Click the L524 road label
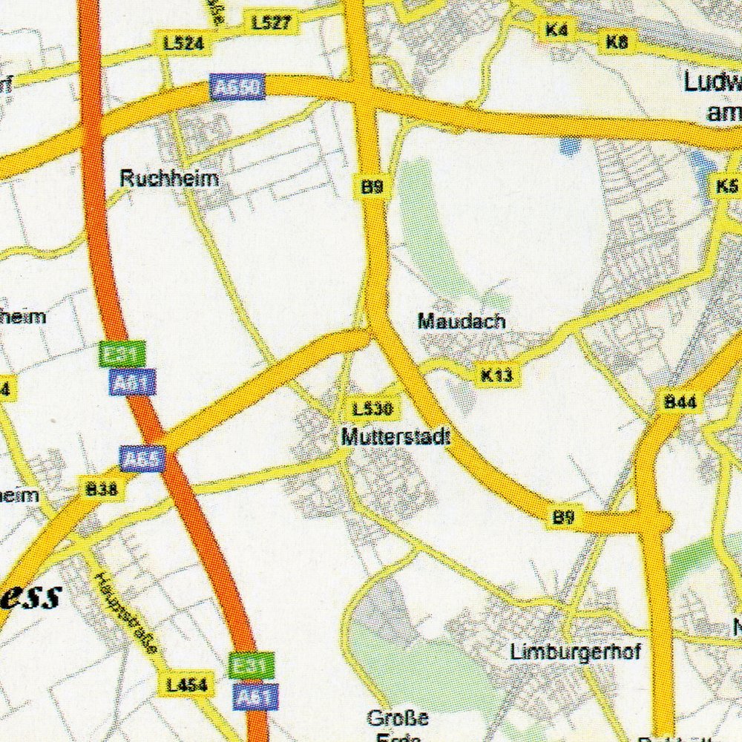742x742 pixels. (x=183, y=45)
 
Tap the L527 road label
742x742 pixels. (x=271, y=23)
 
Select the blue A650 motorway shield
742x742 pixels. (x=237, y=88)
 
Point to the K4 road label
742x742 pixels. (x=556, y=30)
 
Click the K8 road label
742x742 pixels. (x=617, y=42)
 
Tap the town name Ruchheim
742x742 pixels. (x=169, y=179)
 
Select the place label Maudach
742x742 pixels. (x=461, y=321)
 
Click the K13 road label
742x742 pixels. (x=496, y=375)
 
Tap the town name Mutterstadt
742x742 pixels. (x=395, y=437)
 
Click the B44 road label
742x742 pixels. (x=680, y=403)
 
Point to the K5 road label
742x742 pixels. (x=726, y=186)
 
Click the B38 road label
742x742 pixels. (x=101, y=489)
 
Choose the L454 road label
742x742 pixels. (x=185, y=685)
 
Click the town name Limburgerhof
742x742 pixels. (x=575, y=651)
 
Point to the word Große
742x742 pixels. (x=398, y=718)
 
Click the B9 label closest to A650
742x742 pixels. (x=372, y=188)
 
